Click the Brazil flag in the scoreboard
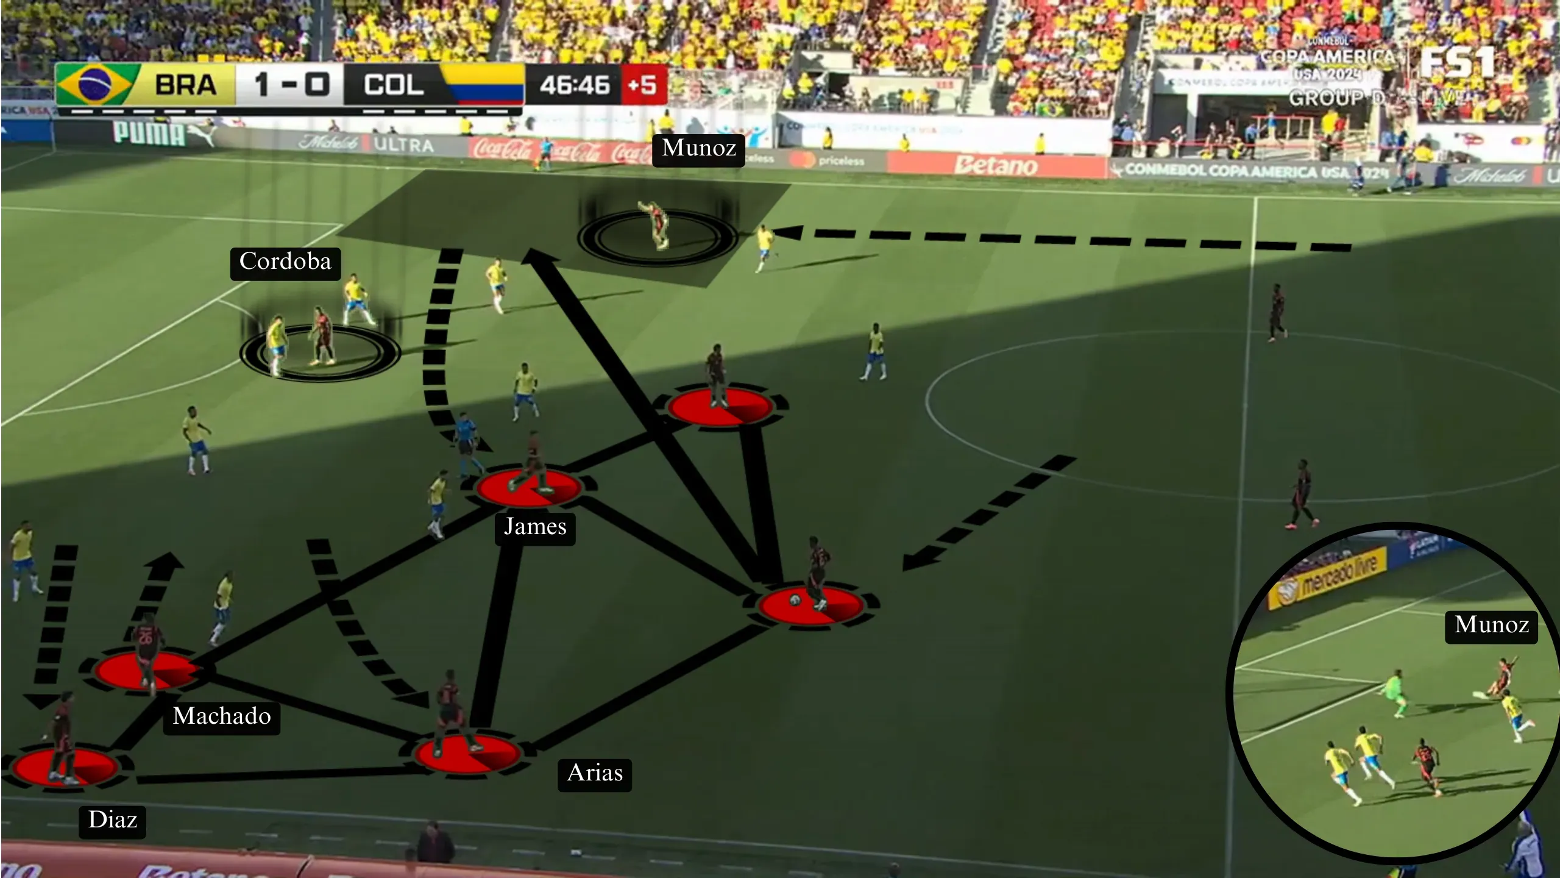94,84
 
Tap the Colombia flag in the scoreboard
481,84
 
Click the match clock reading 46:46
574,85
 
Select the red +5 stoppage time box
642,84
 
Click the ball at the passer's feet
795,600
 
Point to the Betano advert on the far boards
995,165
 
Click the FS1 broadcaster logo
1456,62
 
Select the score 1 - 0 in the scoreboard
291,84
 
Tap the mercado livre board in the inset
1341,577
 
